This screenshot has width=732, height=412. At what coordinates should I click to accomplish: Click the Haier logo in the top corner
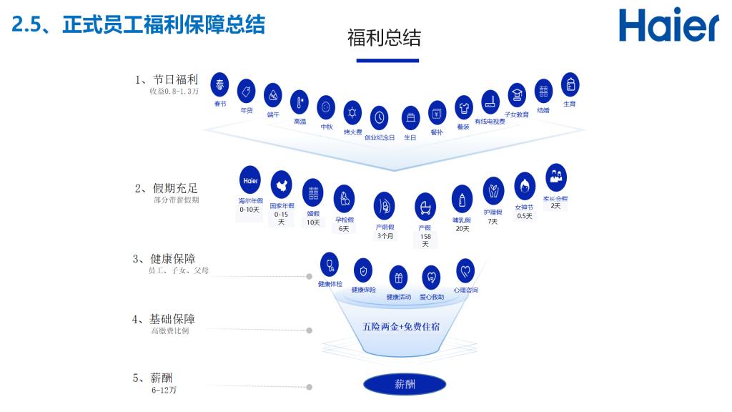668,26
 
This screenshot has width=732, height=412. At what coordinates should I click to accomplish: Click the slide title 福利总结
384,38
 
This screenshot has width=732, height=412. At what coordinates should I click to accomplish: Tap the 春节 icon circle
220,85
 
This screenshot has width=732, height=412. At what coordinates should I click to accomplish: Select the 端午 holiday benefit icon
273,95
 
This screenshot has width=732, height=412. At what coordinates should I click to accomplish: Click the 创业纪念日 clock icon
380,117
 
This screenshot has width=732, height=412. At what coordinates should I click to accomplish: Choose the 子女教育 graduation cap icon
517,94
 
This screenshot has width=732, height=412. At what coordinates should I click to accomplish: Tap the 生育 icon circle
570,84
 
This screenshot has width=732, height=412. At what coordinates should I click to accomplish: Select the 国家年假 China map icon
282,185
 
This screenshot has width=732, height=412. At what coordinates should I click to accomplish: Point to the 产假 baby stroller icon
425,206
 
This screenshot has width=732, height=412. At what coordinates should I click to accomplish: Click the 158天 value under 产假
425,240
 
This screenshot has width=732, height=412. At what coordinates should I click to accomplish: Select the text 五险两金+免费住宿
401,327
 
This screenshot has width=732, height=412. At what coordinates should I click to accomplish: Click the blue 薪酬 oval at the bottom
405,384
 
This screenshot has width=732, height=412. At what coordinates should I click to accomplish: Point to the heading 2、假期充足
167,189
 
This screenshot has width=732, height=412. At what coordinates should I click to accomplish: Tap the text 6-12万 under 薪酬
164,391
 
